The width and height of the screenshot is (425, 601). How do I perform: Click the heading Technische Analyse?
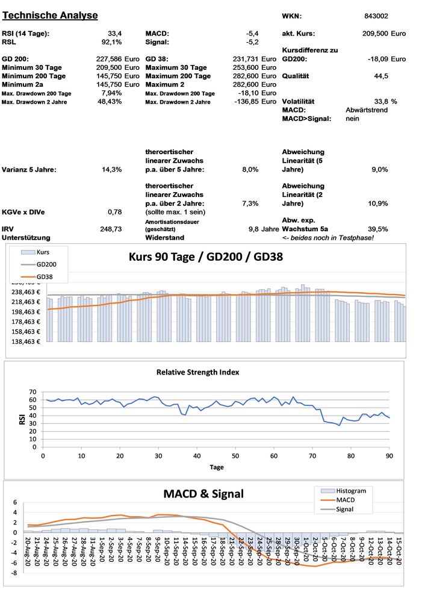tap(50, 15)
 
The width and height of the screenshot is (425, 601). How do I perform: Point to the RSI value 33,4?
tap(115, 33)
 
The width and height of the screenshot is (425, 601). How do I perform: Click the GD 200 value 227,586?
tap(110, 59)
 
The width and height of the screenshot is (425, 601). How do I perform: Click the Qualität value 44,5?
tap(380, 76)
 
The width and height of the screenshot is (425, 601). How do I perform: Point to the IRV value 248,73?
tap(111, 229)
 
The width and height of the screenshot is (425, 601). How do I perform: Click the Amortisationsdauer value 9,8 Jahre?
tap(264, 229)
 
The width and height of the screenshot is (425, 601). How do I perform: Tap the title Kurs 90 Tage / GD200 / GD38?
tap(205, 257)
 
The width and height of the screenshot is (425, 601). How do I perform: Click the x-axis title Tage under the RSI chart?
tap(217, 467)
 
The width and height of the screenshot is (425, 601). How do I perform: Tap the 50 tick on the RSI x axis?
tap(235, 455)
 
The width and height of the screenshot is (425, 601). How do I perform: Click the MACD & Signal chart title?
tap(203, 494)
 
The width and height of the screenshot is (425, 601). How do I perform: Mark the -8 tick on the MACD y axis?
tap(15, 573)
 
